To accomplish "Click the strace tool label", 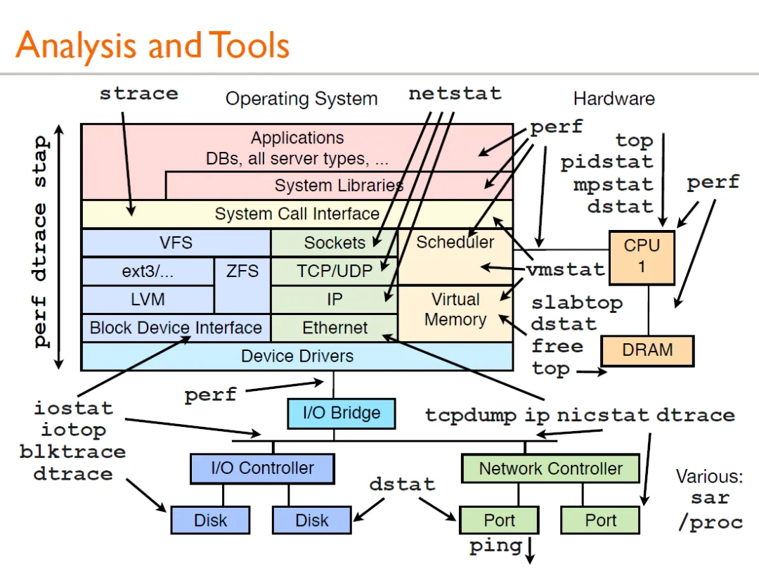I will pos(138,94).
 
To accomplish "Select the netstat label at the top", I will pos(455,94).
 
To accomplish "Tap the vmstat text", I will pos(565,269).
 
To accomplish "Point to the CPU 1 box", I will pos(642,256).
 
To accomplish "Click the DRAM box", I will pos(647,350).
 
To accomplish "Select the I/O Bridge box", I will pos(341,413).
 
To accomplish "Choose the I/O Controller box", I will pos(262,468).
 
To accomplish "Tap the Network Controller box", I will pos(550,468).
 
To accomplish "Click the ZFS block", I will pos(242,271).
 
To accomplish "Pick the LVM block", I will pos(148,299).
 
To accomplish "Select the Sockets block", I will pos(335,243).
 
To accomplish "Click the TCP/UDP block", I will pos(335,271).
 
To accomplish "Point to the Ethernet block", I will pos(335,328).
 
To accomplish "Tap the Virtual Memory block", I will pos(455,309).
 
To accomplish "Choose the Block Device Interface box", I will pos(176,328).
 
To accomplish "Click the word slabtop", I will pos(576,303).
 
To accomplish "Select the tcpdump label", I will pos(471,415).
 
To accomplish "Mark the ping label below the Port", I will pos(495,546).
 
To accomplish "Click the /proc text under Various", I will pos(710,523).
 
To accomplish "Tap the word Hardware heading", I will pos(614,98).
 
